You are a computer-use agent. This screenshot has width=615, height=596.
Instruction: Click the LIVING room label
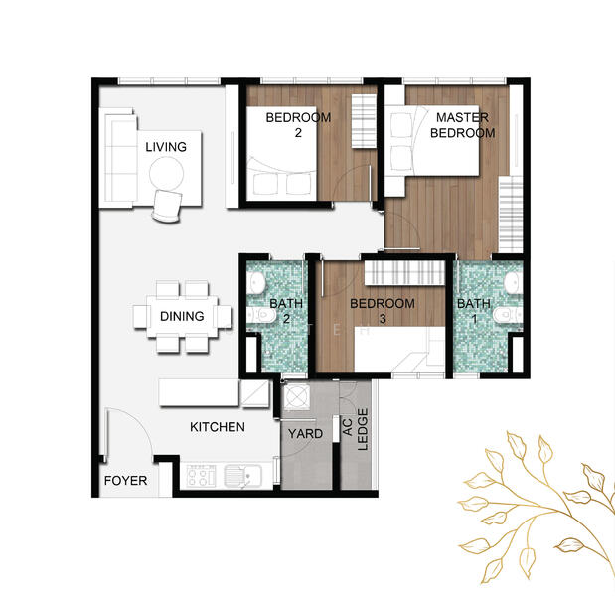(166, 147)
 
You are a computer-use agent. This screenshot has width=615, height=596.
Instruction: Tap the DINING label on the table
(182, 316)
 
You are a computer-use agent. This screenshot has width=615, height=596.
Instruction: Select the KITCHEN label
(218, 427)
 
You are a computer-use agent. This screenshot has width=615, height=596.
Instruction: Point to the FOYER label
(125, 481)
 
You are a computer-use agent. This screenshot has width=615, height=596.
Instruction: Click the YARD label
(306, 434)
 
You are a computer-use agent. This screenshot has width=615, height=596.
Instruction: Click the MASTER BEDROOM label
(462, 125)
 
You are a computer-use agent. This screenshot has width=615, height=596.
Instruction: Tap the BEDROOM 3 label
(383, 311)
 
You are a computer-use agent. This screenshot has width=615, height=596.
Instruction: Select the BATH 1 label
(474, 311)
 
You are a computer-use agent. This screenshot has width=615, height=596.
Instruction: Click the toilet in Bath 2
(260, 314)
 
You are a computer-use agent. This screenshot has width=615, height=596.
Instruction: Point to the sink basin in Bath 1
(512, 283)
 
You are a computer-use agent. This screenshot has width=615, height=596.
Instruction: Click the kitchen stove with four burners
(201, 476)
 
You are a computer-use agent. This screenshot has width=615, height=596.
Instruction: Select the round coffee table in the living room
(166, 174)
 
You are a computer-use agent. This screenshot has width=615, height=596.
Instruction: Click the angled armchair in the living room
(168, 206)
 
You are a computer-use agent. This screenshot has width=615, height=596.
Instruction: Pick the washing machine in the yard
(296, 396)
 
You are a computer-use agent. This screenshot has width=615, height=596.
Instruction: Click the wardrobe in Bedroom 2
(364, 121)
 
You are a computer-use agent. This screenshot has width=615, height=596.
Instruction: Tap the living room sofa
(121, 158)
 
